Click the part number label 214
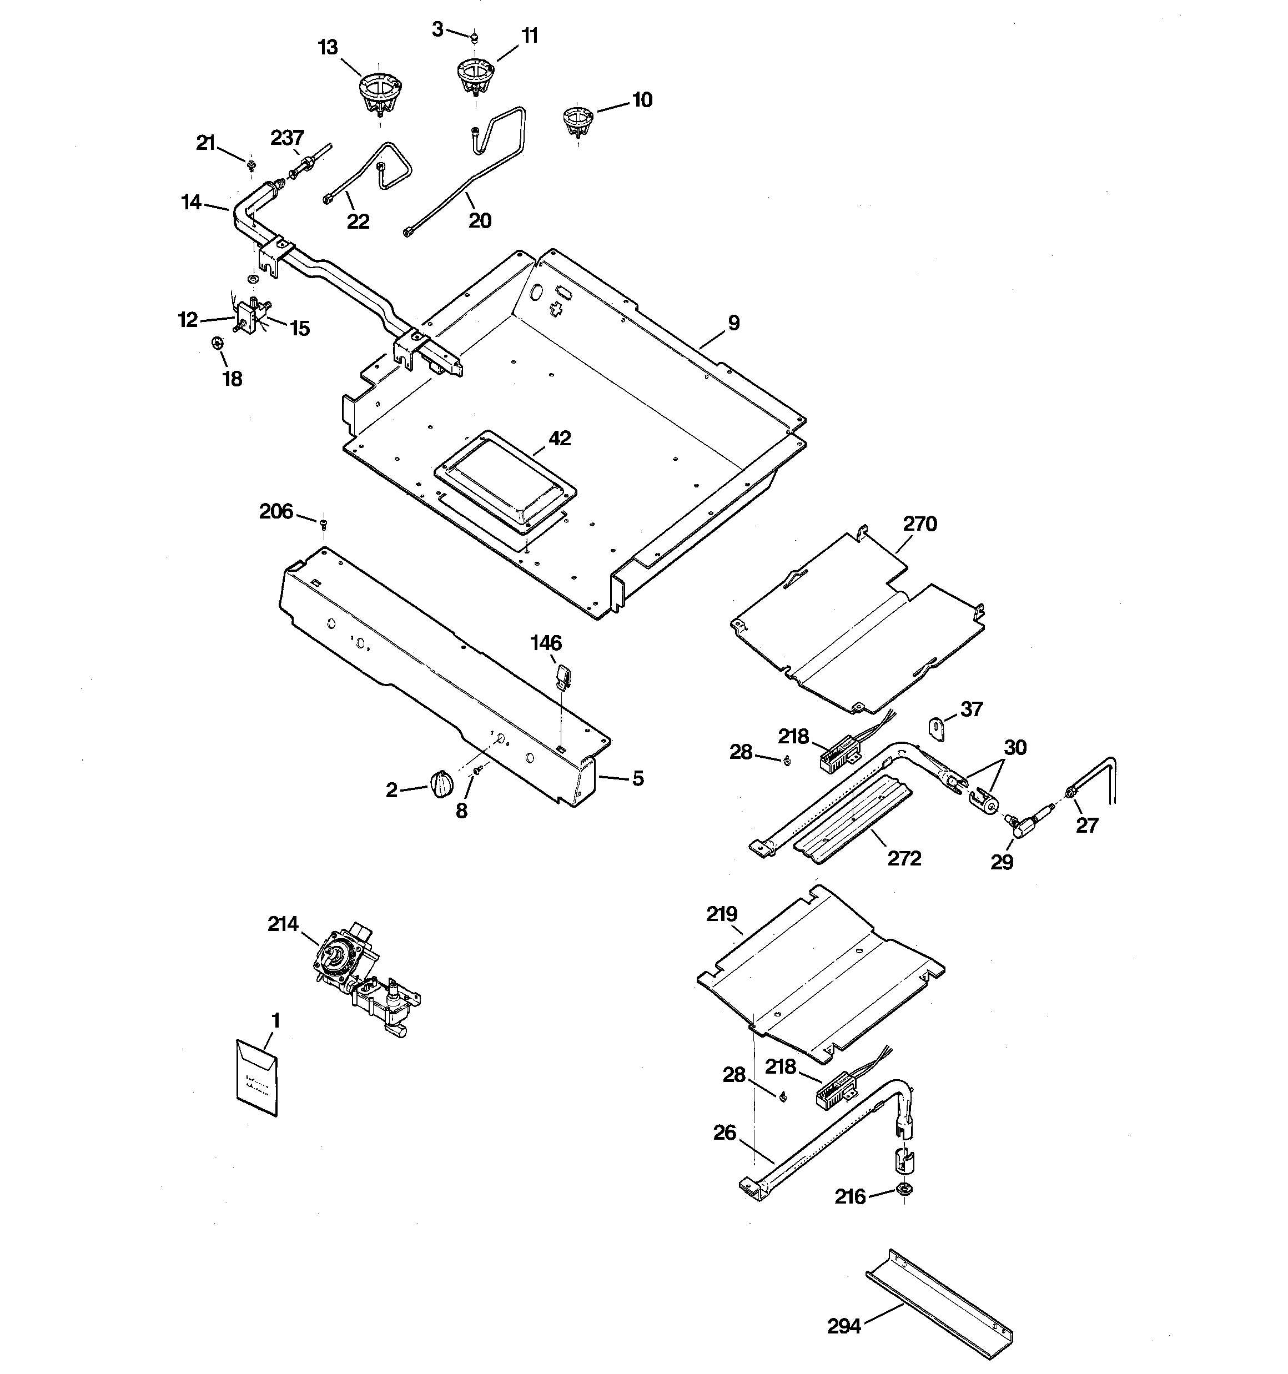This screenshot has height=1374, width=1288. click(x=283, y=923)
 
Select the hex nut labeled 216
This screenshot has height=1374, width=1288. click(x=903, y=1189)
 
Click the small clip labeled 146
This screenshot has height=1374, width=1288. click(x=562, y=674)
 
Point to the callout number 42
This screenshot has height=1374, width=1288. click(x=560, y=438)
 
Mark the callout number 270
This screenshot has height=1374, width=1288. click(x=919, y=524)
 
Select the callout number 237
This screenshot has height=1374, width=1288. click(x=288, y=138)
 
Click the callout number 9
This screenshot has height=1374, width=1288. click(x=733, y=323)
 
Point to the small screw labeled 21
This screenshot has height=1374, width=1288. click(x=251, y=164)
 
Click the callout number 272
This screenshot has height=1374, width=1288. click(x=904, y=858)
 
